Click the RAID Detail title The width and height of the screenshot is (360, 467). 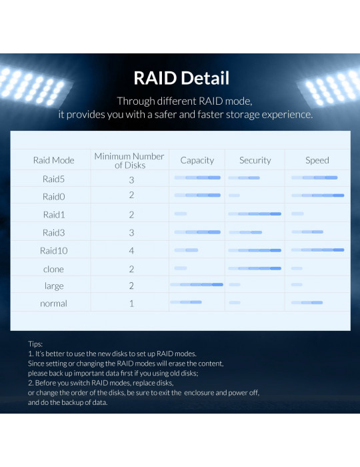point(181,78)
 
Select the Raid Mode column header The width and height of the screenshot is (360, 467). point(53,160)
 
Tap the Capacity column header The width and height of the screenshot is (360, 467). point(197,161)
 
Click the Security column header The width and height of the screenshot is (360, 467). point(255,161)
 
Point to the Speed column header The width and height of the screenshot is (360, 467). point(317,161)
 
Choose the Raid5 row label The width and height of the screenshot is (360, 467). point(53,179)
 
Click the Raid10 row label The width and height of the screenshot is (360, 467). point(53,251)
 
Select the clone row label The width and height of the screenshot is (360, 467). point(53,270)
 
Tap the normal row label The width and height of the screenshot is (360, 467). point(53,304)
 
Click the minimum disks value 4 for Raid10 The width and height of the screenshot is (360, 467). point(131,251)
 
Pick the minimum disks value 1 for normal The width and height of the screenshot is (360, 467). point(131,304)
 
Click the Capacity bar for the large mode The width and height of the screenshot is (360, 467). point(197,284)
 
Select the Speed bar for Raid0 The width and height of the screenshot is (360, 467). point(318,195)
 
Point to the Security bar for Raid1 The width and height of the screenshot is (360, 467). point(255,213)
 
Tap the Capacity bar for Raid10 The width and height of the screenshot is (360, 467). point(186,250)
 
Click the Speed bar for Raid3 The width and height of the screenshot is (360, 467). point(307,231)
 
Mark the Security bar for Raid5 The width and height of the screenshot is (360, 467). point(244,178)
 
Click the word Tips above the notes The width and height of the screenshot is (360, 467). point(35,344)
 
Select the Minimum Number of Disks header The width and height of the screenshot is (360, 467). point(129,161)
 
